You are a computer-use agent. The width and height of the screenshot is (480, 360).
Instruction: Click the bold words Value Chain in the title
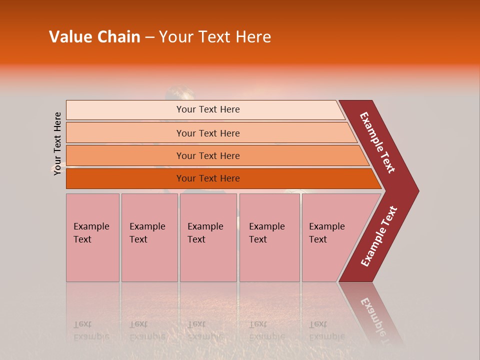94,37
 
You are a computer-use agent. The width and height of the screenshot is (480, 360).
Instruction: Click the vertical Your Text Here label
57,144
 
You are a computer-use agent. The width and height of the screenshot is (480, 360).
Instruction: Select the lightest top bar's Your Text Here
207,109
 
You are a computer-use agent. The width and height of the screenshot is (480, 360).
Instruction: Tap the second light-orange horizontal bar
207,133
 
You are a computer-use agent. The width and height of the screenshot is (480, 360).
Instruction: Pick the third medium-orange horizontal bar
207,156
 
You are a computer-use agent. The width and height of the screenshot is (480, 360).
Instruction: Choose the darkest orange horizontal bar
207,178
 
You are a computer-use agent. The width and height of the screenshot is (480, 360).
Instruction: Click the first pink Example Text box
92,233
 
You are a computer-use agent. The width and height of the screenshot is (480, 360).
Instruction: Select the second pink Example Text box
149,233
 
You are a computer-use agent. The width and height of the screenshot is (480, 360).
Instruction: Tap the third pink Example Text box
207,233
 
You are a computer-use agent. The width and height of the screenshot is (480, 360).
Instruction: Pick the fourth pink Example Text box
269,233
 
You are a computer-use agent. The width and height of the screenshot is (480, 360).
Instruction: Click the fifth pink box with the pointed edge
330,233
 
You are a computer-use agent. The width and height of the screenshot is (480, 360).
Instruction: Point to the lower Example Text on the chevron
379,236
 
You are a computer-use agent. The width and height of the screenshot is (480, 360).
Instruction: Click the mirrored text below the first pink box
91,330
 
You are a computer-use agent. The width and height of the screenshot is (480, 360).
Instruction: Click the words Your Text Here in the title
215,37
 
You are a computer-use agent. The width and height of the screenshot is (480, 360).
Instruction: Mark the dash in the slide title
149,37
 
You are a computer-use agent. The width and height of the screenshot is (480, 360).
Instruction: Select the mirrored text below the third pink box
205,330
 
